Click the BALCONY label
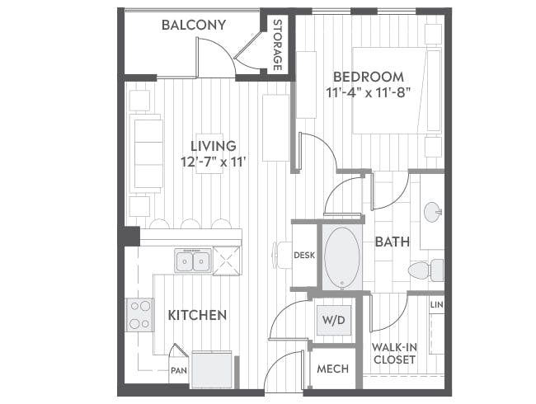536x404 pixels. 194,25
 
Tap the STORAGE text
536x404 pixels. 278,45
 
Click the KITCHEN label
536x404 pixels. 197,315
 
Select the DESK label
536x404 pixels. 304,256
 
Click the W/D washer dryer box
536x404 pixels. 333,318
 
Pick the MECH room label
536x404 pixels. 332,369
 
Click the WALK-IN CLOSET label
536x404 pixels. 393,354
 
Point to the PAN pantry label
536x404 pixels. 178,371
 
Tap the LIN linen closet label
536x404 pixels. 436,307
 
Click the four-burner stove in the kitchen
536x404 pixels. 139,315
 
